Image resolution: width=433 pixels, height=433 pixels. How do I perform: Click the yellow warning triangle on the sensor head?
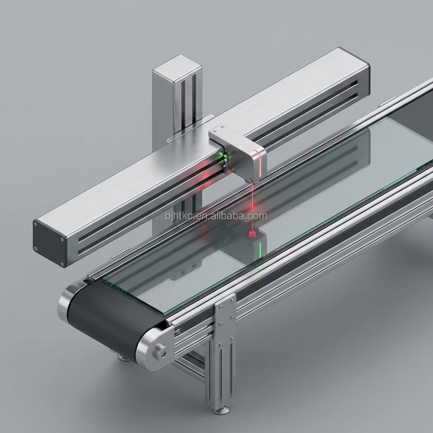[x=233, y=169]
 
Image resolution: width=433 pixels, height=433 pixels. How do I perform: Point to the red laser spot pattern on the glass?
[x=252, y=234]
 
